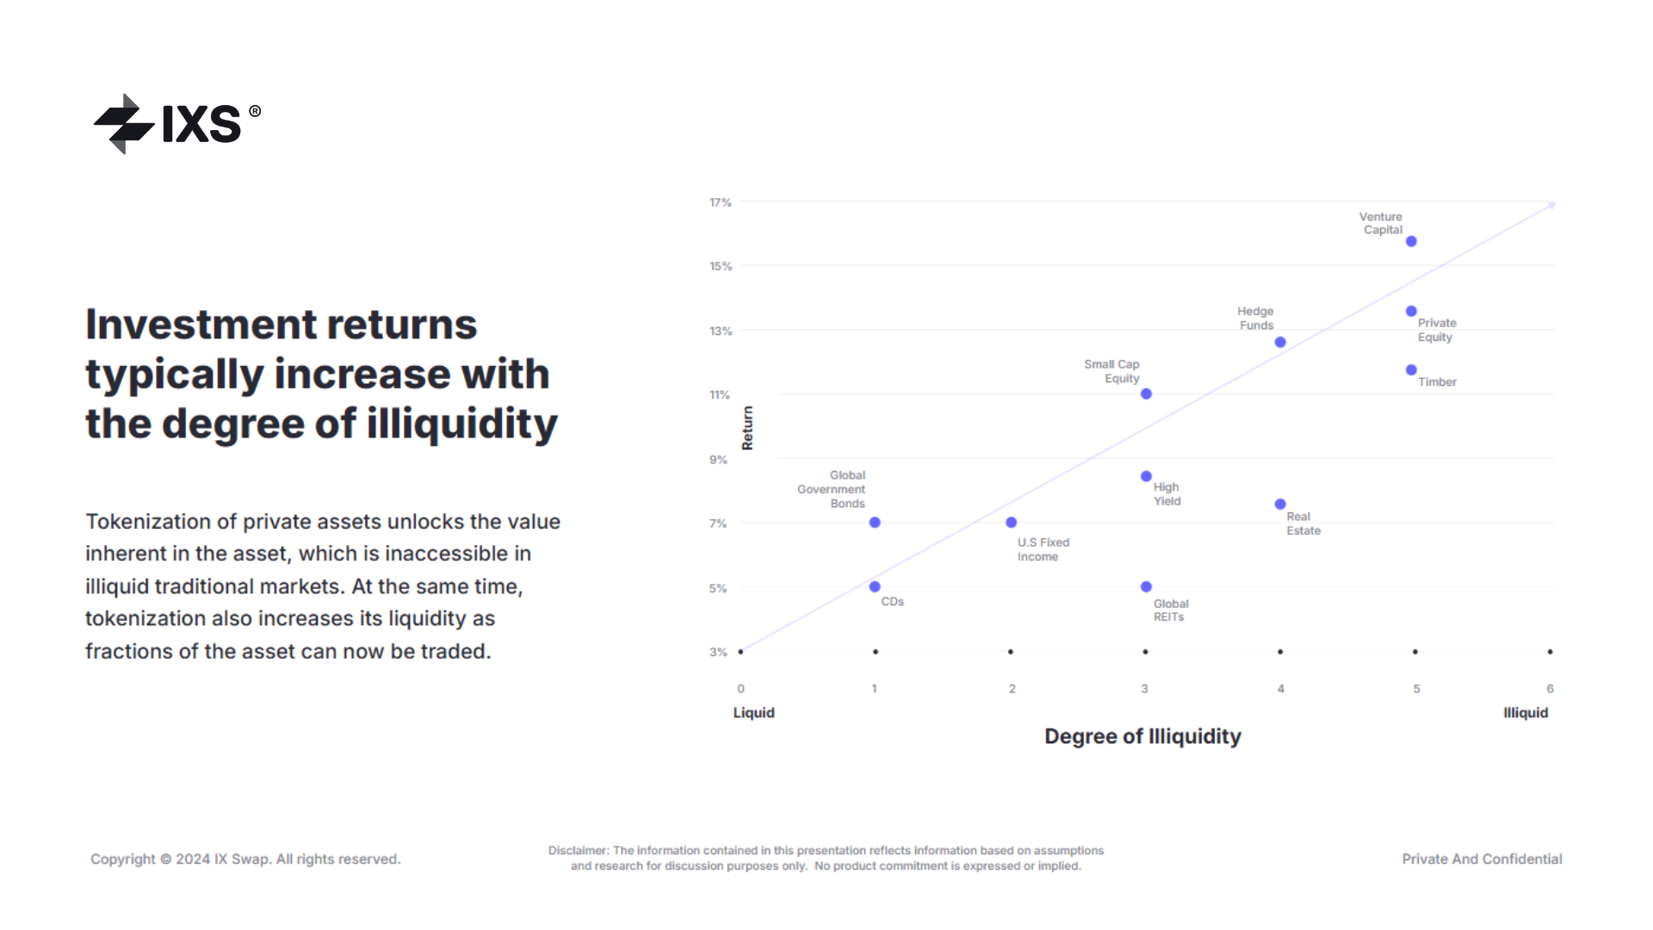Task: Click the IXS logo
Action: tap(176, 124)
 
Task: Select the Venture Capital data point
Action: tap(1411, 242)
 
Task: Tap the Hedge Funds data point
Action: tap(1280, 343)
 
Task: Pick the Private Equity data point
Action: tap(1411, 312)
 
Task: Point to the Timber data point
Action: tap(1411, 370)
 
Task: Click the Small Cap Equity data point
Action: tap(1146, 394)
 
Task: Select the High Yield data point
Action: tap(1146, 476)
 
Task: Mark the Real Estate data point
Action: tap(1280, 505)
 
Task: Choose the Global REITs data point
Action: tap(1146, 587)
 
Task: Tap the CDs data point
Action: tap(875, 587)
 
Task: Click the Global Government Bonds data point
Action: tap(875, 523)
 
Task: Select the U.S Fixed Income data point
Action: tap(1012, 523)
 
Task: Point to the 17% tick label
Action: tap(720, 203)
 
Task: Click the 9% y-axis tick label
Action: tap(718, 460)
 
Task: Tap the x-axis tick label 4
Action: tap(1281, 689)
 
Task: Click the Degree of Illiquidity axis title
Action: tap(1142, 737)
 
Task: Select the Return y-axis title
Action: tap(747, 428)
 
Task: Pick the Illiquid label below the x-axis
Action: tap(1526, 713)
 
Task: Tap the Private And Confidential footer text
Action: tap(1482, 859)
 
